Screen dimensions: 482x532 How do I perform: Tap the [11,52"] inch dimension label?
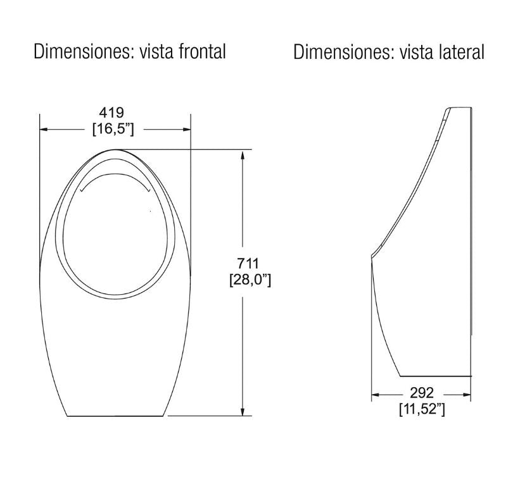(x=422, y=409)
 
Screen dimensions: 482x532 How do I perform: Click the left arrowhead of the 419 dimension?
(x=43, y=130)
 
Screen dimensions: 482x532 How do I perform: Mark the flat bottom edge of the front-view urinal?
(x=117, y=416)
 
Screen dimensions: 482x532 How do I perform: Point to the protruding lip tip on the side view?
(x=372, y=256)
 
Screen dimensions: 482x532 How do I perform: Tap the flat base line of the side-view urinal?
(x=437, y=374)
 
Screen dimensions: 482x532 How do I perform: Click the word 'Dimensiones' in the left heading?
(x=79, y=51)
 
